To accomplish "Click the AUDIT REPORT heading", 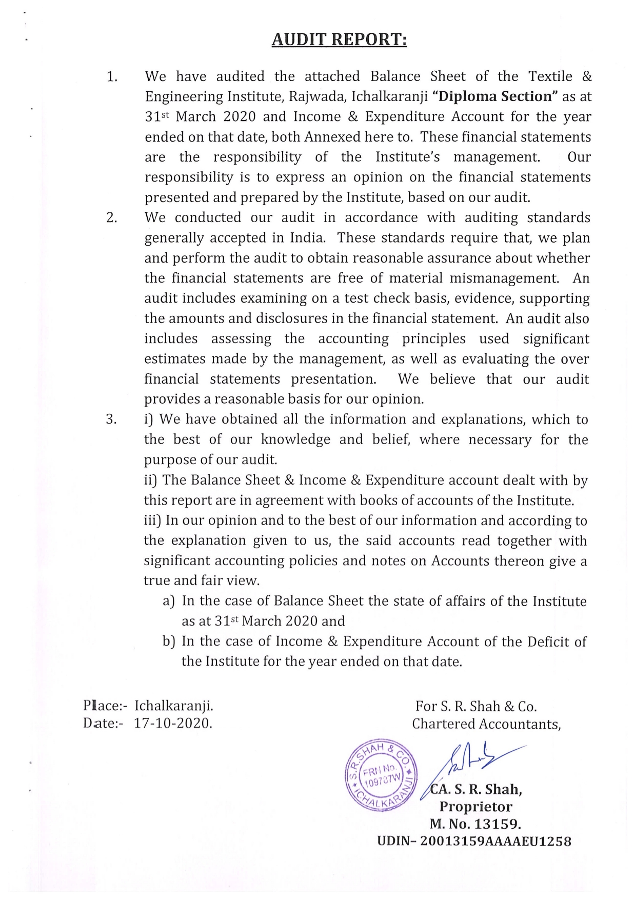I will pos(339,39).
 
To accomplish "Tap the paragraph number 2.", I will pos(112,217).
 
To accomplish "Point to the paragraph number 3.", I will pos(111,419).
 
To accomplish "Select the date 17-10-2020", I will pos(173,723).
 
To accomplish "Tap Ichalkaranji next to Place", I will pos(174,706).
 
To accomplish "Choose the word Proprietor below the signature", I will pos(475,807).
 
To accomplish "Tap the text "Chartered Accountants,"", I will pos(486,724).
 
